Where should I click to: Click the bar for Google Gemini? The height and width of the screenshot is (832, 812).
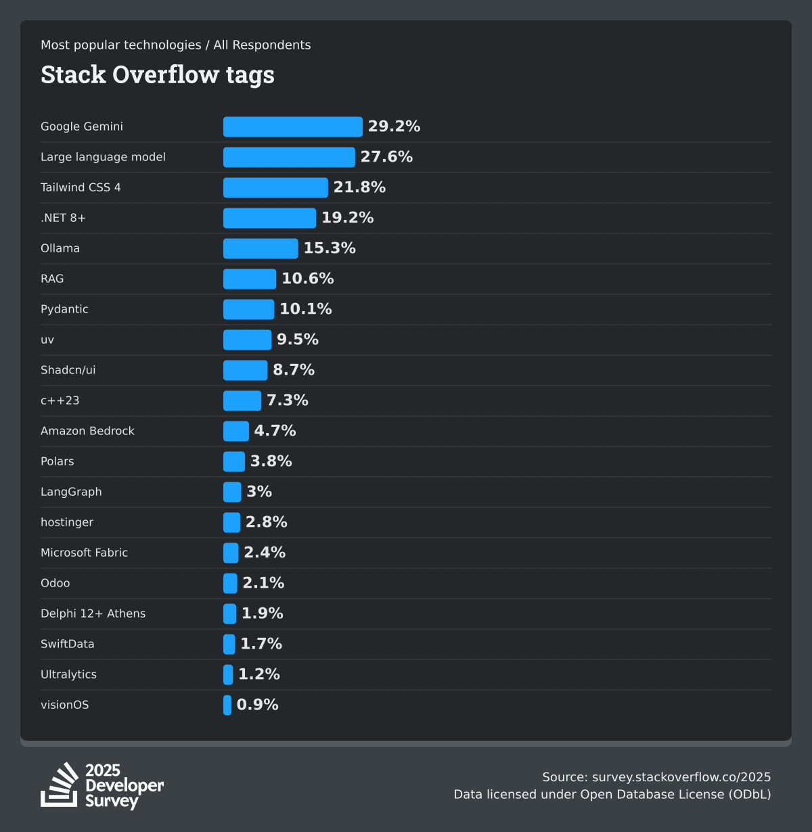click(292, 126)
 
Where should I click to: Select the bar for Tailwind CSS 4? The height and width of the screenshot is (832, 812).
click(275, 187)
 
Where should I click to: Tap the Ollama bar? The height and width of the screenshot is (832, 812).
click(261, 248)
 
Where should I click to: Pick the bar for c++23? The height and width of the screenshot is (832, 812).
click(242, 400)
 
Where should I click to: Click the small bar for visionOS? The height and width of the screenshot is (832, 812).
click(227, 705)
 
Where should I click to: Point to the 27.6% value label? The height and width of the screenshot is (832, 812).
click(386, 157)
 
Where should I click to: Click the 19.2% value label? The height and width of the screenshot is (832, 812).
click(347, 218)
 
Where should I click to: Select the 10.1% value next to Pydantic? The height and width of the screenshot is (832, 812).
click(306, 309)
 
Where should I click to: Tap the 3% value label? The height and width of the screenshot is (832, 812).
click(259, 492)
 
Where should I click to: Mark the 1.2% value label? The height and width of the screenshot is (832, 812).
click(259, 674)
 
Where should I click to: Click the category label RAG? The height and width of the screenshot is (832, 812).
click(52, 279)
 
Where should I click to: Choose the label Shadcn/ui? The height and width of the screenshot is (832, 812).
click(68, 370)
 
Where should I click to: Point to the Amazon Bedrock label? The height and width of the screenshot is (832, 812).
click(87, 431)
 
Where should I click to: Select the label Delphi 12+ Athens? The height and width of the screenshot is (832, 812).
click(93, 614)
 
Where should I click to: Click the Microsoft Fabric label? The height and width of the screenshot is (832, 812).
click(84, 553)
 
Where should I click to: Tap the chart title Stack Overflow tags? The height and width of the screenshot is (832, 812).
click(158, 74)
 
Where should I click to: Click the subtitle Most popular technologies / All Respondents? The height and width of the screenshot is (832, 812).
click(176, 45)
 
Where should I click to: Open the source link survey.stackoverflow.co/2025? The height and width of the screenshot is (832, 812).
click(681, 777)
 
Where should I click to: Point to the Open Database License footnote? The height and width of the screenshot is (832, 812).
click(612, 794)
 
